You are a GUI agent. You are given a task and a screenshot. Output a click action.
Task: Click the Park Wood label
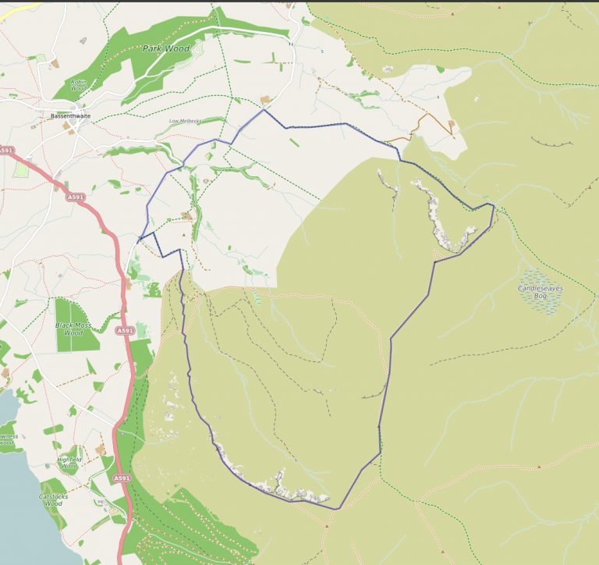point(167,48)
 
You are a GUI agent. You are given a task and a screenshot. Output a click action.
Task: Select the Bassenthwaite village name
point(70,116)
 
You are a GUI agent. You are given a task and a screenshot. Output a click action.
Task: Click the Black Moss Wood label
point(73,328)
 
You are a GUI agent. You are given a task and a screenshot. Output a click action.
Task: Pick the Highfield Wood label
point(69,462)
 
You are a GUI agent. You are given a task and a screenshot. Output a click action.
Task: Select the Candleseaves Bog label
point(540,292)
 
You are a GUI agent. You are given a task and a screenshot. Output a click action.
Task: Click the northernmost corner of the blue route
point(264,110)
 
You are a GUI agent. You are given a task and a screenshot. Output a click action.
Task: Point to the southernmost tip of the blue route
point(338,509)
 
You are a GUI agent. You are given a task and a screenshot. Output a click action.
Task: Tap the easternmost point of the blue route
point(494,206)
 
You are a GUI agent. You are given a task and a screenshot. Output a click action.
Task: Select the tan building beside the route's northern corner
point(266,100)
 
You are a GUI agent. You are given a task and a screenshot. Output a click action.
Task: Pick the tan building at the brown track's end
point(452,123)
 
